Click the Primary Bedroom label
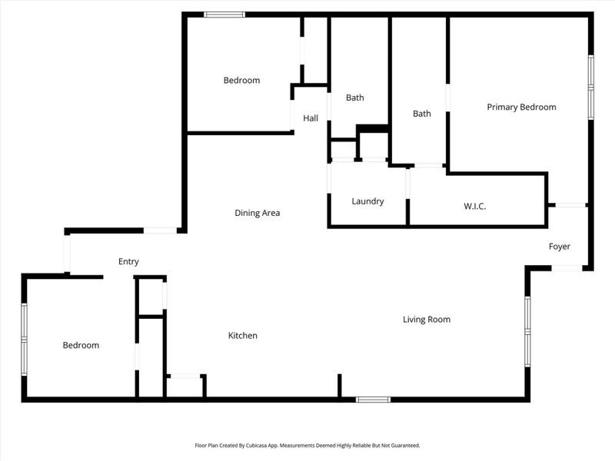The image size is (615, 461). (521, 107)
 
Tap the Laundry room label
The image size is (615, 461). (367, 201)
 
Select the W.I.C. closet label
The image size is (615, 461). (474, 207)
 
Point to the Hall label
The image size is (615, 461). (311, 118)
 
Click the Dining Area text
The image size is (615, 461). (257, 213)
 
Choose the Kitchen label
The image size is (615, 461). (242, 336)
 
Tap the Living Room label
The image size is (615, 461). (427, 319)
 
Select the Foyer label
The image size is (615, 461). (559, 247)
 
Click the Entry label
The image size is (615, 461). (128, 262)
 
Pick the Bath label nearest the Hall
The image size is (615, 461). (354, 98)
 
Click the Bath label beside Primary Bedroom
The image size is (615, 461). (421, 114)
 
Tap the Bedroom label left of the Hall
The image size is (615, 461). (241, 80)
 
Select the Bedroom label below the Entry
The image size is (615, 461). (81, 345)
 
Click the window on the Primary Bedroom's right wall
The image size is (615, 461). (590, 87)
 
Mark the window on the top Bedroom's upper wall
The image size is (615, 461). (224, 14)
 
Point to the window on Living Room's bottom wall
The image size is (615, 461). (373, 399)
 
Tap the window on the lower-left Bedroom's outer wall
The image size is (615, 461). (25, 338)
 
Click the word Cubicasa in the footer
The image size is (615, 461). (288, 445)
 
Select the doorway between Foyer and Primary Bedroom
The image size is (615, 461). (570, 204)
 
